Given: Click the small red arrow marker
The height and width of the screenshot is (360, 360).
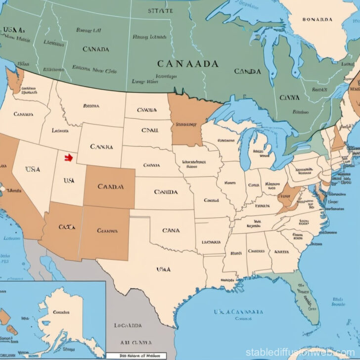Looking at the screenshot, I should (x=68, y=158).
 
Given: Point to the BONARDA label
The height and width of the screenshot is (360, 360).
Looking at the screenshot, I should (x=316, y=20).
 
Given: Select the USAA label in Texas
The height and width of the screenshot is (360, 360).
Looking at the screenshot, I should (x=163, y=270).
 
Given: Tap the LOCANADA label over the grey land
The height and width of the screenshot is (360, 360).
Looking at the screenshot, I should (x=128, y=325).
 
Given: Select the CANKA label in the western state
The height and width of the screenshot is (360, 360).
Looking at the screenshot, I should (x=102, y=147).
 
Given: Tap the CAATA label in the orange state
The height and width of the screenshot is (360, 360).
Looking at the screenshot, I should (x=66, y=227).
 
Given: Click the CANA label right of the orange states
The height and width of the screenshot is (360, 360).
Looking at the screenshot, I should (x=171, y=230).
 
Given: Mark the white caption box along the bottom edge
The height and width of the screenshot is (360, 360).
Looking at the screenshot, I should (x=136, y=356).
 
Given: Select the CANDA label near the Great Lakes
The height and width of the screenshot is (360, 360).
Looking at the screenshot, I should (x=248, y=72).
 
